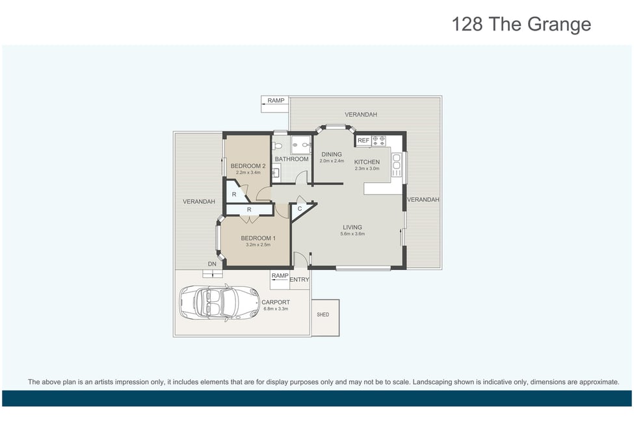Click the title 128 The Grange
pyautogui.click(x=521, y=24)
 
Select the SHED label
pyautogui.click(x=323, y=314)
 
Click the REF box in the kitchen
pyautogui.click(x=363, y=141)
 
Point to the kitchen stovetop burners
pyautogui.click(x=378, y=141)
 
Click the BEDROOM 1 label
pyautogui.click(x=258, y=238)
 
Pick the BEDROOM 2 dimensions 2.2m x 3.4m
pyautogui.click(x=248, y=172)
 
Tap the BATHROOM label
pyautogui.click(x=291, y=159)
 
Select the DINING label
pyautogui.click(x=332, y=154)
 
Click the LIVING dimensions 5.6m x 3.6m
pyautogui.click(x=352, y=234)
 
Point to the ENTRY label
pyautogui.click(x=299, y=280)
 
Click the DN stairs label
pyautogui.click(x=212, y=264)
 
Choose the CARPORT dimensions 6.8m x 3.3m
pyautogui.click(x=276, y=309)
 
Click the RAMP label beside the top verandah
pyautogui.click(x=276, y=100)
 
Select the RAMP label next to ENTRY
pyautogui.click(x=280, y=276)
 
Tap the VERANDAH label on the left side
pyautogui.click(x=199, y=202)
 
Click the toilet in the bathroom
pyautogui.click(x=278, y=146)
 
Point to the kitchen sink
pyautogui.click(x=396, y=161)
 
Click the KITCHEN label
pyautogui.click(x=367, y=162)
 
